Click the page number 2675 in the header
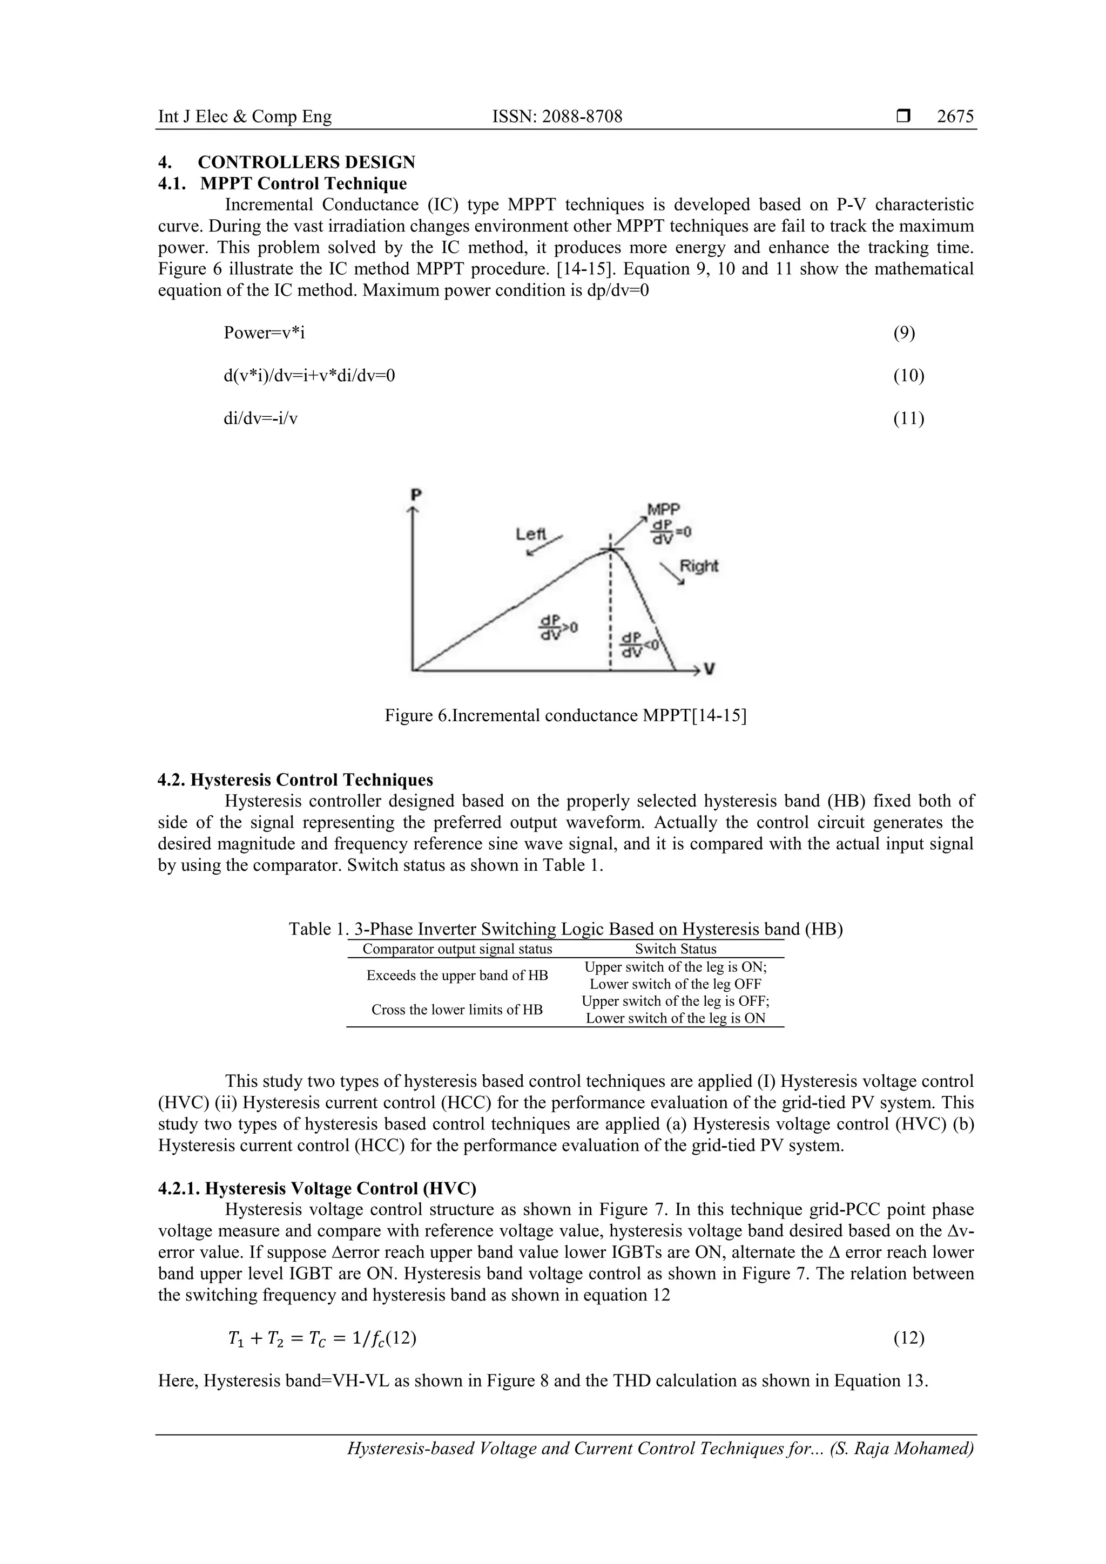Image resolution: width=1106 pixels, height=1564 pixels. pos(955,117)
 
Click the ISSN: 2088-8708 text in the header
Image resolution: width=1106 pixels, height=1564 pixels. pos(557,117)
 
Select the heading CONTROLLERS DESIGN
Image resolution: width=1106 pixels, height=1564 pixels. pos(306,162)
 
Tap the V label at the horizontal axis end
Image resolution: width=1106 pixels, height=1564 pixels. pos(710,669)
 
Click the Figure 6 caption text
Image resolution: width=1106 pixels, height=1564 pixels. pos(565,716)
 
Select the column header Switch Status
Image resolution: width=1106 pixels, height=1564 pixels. pos(676,949)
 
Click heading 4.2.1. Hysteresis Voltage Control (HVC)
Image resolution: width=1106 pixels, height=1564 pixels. pos(317,1189)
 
